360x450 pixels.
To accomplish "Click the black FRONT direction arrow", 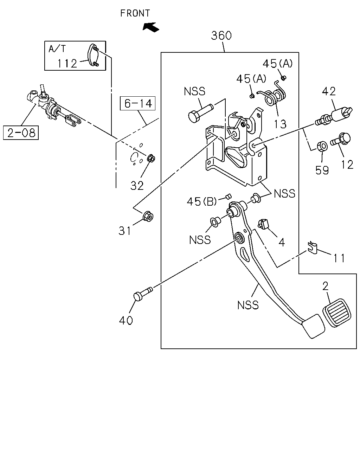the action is click(151, 27).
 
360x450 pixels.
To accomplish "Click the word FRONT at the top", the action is click(135, 13).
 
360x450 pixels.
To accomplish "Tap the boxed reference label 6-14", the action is click(138, 103).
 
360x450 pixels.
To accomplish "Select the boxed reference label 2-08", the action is click(21, 133).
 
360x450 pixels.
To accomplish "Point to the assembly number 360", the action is click(221, 36).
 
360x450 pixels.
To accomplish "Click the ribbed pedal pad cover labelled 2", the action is click(337, 313).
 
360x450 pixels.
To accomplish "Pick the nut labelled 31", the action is click(148, 216).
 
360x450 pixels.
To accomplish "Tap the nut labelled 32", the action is click(151, 158).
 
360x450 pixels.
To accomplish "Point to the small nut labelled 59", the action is click(322, 146).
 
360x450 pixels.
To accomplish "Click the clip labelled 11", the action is click(313, 247).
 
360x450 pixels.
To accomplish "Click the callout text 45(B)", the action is click(202, 202).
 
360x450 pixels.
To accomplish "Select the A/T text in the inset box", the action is click(57, 49).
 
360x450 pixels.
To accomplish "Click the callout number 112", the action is click(67, 63).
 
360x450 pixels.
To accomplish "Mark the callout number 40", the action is click(126, 320).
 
